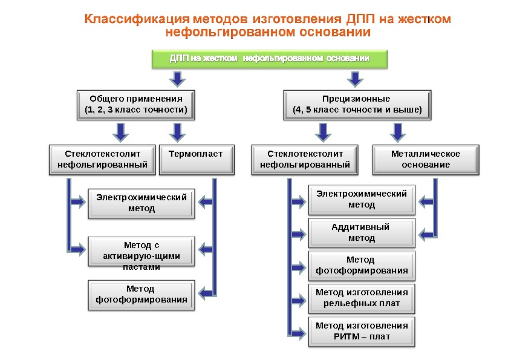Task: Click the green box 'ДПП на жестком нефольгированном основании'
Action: [x=268, y=59]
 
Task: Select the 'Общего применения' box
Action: [x=136, y=104]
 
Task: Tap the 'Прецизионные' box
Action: [x=357, y=104]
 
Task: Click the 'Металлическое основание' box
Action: [x=425, y=159]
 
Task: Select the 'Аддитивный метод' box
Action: [x=361, y=232]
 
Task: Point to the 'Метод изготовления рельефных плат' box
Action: [x=361, y=298]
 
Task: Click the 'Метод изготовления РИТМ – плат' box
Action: [x=361, y=330]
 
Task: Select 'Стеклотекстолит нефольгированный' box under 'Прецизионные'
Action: [x=305, y=159]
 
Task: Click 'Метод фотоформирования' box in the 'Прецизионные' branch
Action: [x=361, y=265]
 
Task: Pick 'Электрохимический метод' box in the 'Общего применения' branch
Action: [x=142, y=203]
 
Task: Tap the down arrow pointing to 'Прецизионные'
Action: [x=356, y=79]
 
